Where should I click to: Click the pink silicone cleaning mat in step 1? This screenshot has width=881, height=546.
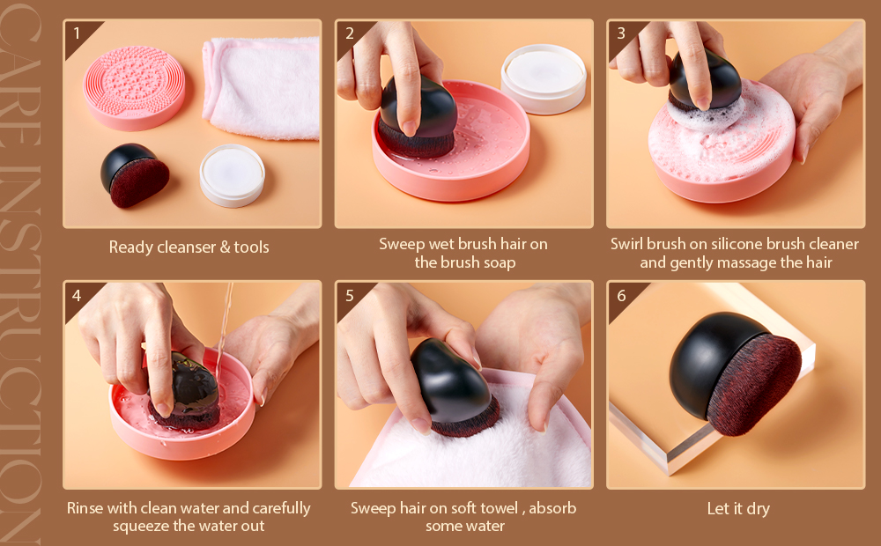pyautogui.click(x=134, y=88)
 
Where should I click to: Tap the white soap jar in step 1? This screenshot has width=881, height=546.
pyautogui.click(x=232, y=175)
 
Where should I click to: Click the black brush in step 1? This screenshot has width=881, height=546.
pyautogui.click(x=134, y=174)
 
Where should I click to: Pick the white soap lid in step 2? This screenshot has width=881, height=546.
pyautogui.click(x=544, y=78)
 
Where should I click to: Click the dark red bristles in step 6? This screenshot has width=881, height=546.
pyautogui.click(x=754, y=386)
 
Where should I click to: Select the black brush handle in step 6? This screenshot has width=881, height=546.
pyautogui.click(x=708, y=362)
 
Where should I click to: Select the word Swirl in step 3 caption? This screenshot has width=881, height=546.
pyautogui.click(x=627, y=244)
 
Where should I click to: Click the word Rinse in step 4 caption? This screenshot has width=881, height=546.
pyautogui.click(x=85, y=508)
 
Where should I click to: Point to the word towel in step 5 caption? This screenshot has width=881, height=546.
pyautogui.click(x=495, y=508)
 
